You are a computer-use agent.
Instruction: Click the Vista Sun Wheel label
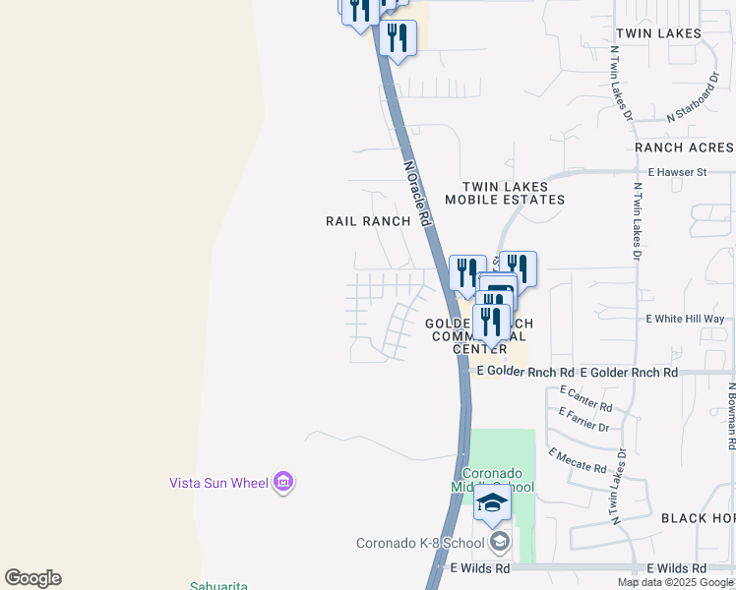[218, 483]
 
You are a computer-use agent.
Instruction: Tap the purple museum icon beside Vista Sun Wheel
[283, 482]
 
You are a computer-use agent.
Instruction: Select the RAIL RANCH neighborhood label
[368, 221]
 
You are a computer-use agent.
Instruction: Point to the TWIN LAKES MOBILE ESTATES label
[505, 193]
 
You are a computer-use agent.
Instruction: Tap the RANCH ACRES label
[684, 147]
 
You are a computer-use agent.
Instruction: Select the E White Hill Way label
[685, 319]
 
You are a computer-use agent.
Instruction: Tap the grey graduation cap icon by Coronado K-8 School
[500, 542]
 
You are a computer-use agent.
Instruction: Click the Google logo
[32, 578]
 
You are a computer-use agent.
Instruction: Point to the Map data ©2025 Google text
[676, 582]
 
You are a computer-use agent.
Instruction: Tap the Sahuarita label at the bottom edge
[218, 586]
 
